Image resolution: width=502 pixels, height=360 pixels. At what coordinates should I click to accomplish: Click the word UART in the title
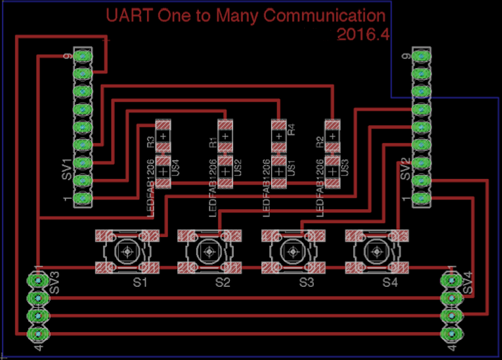pos(126,15)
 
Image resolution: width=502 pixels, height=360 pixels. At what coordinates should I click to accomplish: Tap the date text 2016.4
pos(362,35)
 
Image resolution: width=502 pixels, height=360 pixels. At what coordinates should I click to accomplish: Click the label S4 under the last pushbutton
pos(389,282)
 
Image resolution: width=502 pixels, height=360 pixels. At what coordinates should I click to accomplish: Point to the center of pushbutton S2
pos(209,251)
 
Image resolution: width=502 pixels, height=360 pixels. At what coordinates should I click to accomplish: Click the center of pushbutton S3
pos(293,251)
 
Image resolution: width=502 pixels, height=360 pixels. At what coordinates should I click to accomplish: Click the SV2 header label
pos(405,170)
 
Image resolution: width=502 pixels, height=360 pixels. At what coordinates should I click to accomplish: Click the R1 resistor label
pos(213,141)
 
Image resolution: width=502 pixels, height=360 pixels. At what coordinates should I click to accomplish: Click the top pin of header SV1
pos(83,56)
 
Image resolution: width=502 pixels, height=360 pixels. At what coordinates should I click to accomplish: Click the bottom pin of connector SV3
pos(39,333)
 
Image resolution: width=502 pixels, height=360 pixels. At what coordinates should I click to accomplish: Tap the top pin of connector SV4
pos(452,281)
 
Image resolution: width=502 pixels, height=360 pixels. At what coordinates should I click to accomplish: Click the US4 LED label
pos(176,167)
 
